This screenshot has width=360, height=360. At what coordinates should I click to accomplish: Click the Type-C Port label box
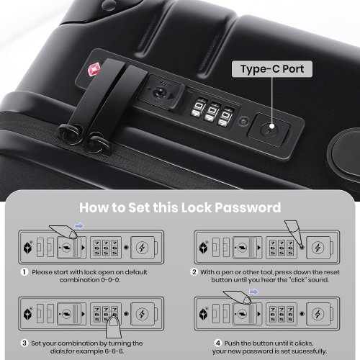click(x=272, y=69)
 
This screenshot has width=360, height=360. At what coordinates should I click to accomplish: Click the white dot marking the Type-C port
click(x=271, y=126)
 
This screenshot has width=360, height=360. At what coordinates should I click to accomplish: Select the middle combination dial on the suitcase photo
click(x=210, y=112)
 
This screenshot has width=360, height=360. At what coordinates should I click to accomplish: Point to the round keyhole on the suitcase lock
click(x=158, y=92)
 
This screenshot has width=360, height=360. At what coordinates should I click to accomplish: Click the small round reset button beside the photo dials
click(x=243, y=121)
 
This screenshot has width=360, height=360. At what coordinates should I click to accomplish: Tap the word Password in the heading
click(x=248, y=207)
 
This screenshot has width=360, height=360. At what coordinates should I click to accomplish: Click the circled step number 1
click(x=24, y=272)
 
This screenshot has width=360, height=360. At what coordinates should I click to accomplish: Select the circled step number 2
click(x=194, y=272)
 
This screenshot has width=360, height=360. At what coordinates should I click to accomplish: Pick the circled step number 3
click(x=24, y=343)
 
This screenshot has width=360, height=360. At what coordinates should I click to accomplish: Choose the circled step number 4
click(x=217, y=343)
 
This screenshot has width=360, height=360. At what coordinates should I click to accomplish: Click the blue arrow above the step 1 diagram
click(x=79, y=226)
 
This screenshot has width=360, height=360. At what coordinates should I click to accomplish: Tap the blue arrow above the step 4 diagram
click(x=253, y=292)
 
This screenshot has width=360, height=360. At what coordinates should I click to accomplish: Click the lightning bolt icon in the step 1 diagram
click(x=142, y=248)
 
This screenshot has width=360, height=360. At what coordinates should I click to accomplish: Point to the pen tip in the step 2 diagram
click(x=302, y=246)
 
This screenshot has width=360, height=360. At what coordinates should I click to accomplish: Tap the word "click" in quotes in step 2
click(x=294, y=280)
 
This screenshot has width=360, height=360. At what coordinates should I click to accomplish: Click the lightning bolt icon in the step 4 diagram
click(x=318, y=314)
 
